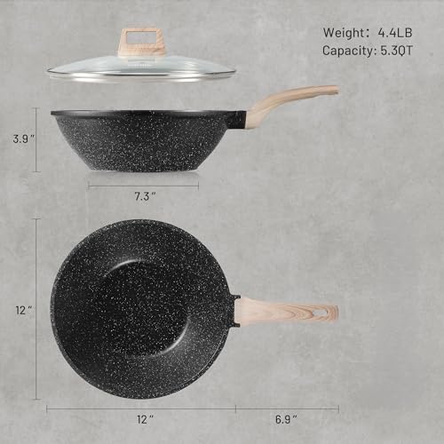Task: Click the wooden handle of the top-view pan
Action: tap(289, 311)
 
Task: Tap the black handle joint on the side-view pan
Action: tap(237, 119)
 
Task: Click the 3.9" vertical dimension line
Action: tap(36, 139)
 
